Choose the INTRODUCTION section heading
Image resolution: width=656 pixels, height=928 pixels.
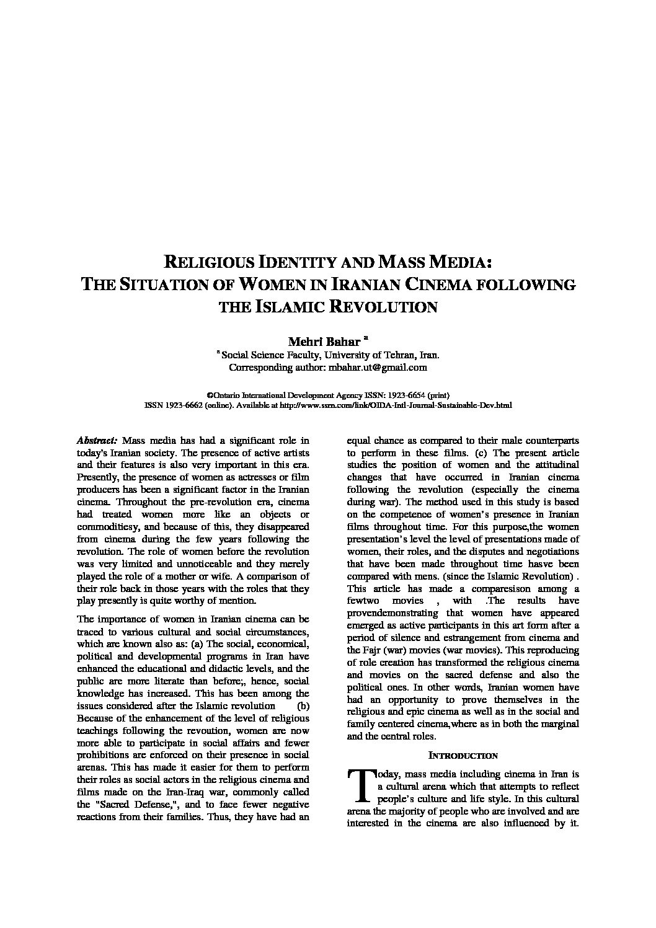pos(463,756)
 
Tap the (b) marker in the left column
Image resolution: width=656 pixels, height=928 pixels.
pos(303,705)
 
